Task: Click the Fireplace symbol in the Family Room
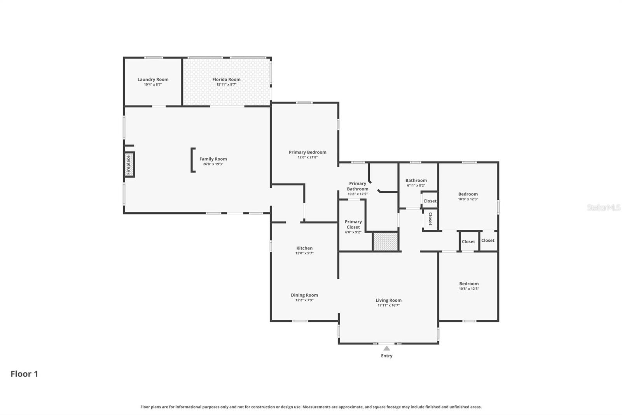(129, 165)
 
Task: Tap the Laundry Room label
(153, 79)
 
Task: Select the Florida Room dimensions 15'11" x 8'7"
(226, 84)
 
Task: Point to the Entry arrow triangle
(386, 348)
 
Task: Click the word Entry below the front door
(386, 356)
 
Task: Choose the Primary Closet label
(353, 224)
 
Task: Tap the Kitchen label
(304, 248)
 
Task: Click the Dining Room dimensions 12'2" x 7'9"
(304, 300)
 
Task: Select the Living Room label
(388, 300)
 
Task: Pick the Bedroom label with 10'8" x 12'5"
(469, 284)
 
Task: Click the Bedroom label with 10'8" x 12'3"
(468, 194)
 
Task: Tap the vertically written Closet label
(430, 219)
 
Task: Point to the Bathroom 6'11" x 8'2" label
(416, 180)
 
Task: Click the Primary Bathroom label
(358, 186)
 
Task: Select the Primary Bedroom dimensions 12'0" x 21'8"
(308, 157)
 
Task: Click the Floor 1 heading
(24, 374)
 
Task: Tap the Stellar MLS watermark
(603, 207)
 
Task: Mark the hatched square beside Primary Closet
(385, 241)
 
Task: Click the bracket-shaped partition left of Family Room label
(192, 160)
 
